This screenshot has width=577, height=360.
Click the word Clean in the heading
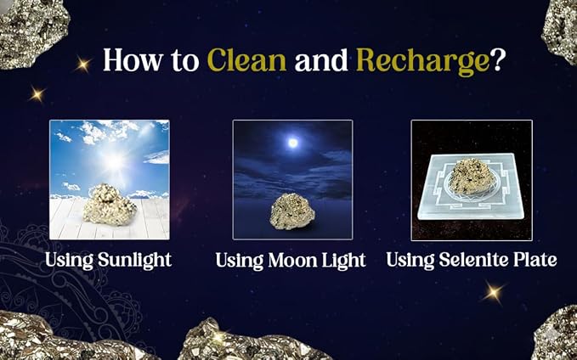coord(247,59)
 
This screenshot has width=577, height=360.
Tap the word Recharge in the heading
coord(423,61)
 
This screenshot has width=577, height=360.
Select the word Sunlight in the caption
coord(134,261)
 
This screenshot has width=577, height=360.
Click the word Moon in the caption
coord(292,261)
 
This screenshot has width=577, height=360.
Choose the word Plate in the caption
coord(535,260)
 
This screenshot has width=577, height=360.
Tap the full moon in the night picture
coord(293,143)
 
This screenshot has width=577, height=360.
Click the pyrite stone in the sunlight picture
coord(110,205)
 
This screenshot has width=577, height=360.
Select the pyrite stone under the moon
coord(292,211)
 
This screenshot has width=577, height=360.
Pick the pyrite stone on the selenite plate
coord(472,177)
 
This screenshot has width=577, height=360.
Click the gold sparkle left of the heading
coord(83,65)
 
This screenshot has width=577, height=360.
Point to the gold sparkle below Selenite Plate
coord(493,293)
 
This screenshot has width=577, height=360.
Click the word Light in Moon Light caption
coord(343,261)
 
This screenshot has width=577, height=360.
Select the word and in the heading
coord(321,59)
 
